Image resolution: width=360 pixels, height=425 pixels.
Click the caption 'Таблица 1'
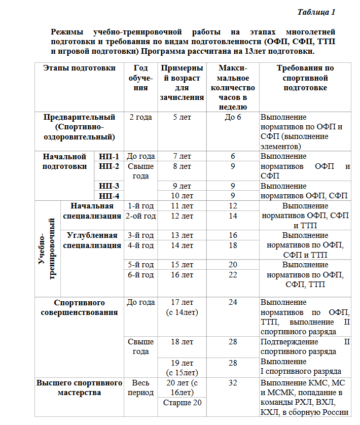[316, 12]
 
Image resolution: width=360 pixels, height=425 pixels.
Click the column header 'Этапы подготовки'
[79, 68]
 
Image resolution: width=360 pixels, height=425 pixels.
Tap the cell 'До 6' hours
[233, 117]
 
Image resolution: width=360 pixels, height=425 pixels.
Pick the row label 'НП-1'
[109, 156]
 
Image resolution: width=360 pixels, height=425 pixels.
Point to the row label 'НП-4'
[109, 196]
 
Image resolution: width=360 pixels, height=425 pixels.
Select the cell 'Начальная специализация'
[92, 211]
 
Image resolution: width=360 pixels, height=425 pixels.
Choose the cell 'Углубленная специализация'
[92, 240]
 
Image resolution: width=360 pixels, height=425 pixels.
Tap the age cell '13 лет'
[182, 235]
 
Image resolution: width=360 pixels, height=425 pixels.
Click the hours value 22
[233, 275]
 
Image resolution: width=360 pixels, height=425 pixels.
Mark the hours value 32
[233, 382]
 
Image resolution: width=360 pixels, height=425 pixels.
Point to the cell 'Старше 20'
[182, 403]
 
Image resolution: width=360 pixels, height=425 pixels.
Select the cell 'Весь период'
[140, 387]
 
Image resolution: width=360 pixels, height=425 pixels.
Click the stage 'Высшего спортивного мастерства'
[79, 387]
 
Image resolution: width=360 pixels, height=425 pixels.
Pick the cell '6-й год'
[140, 275]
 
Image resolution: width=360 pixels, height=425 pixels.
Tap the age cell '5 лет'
[182, 117]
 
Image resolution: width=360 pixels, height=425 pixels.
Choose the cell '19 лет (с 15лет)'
[182, 367]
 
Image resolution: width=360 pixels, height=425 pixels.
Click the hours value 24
[233, 302]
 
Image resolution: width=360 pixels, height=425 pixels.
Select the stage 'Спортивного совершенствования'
[79, 307]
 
